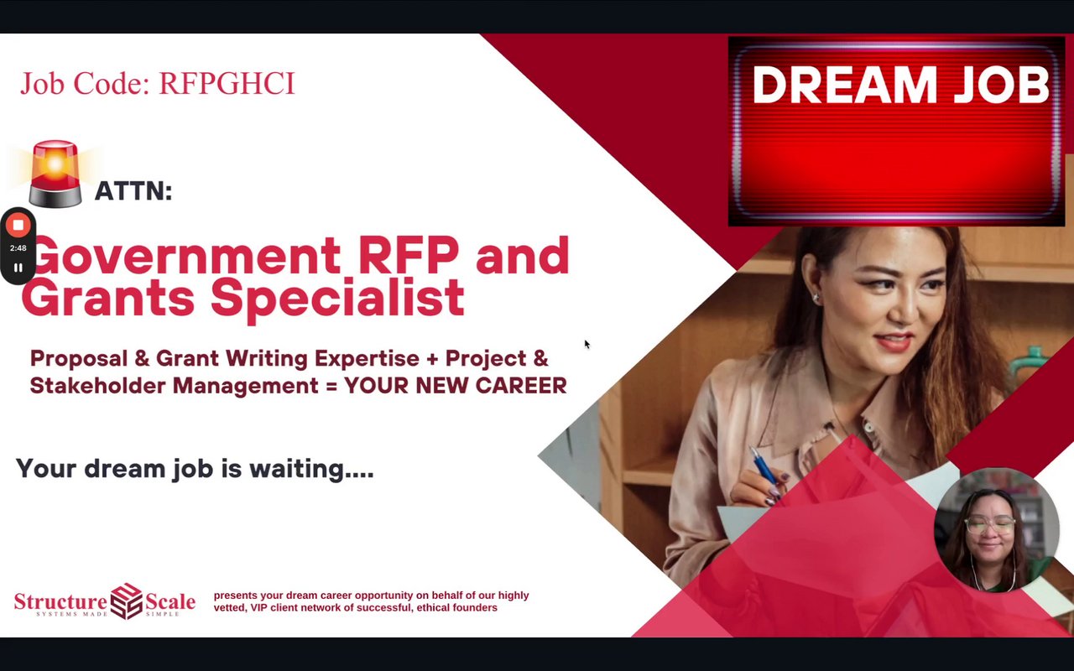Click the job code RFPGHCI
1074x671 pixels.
pyautogui.click(x=227, y=83)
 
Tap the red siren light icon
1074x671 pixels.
pyautogui.click(x=55, y=174)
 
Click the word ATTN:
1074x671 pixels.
pyautogui.click(x=133, y=190)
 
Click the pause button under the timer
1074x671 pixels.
pyautogui.click(x=18, y=268)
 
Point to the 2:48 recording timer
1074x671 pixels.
pyautogui.click(x=18, y=247)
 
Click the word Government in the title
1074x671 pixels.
pyautogui.click(x=187, y=256)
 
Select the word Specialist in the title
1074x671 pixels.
pyautogui.click(x=337, y=297)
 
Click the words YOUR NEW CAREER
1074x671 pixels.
pyautogui.click(x=456, y=386)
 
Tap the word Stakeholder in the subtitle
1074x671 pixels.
pyautogui.click(x=98, y=386)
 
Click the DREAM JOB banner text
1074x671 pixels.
pyautogui.click(x=900, y=85)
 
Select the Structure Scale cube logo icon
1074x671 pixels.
pyautogui.click(x=127, y=601)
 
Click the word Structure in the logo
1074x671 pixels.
pyautogui.click(x=60, y=601)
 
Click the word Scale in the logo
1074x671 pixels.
pyautogui.click(x=170, y=601)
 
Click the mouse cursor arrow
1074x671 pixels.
pyautogui.click(x=587, y=344)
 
